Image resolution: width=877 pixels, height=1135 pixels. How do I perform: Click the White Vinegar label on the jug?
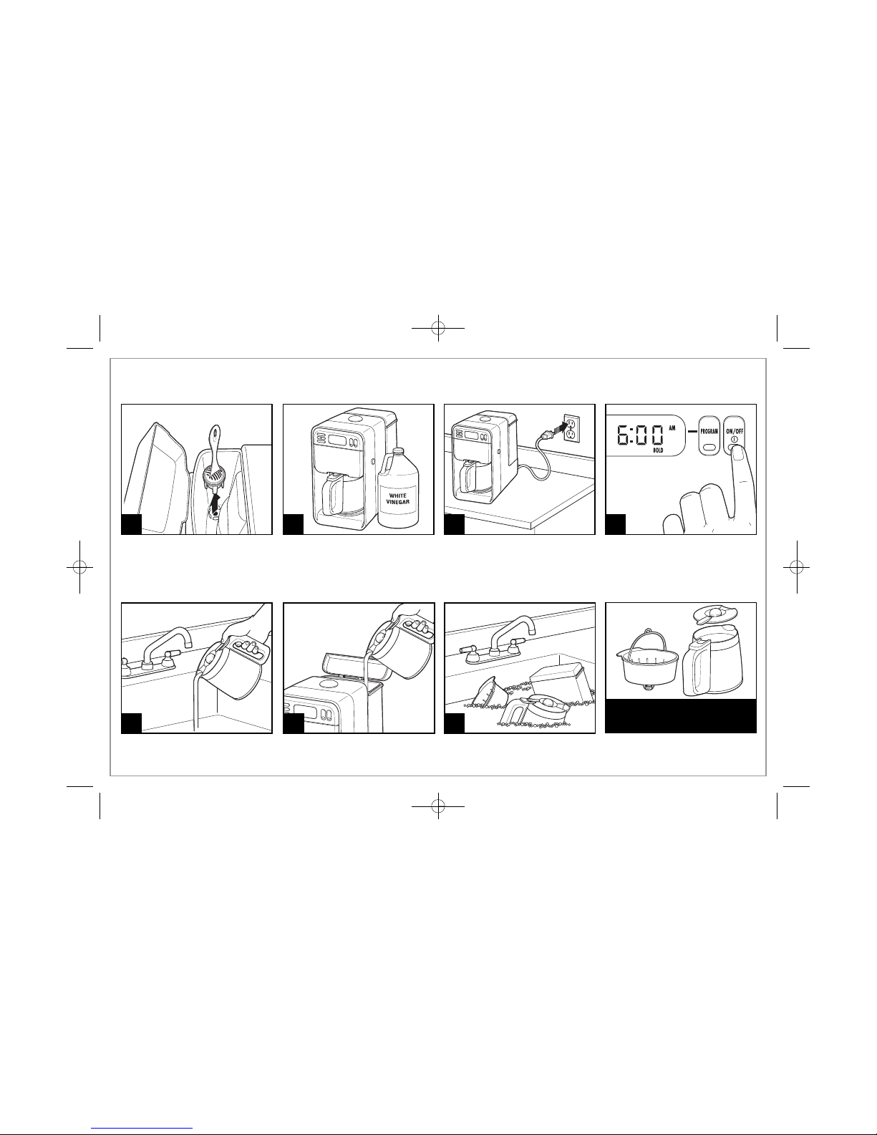(398, 499)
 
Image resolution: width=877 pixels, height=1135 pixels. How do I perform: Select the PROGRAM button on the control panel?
(708, 435)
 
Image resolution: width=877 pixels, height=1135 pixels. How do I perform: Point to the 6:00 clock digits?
(640, 435)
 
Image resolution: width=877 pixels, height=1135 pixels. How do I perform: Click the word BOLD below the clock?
(658, 450)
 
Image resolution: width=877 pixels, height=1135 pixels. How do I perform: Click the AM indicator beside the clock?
(672, 428)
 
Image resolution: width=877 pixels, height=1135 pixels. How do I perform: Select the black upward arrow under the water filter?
(213, 505)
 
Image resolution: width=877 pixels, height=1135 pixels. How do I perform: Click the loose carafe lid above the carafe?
(714, 614)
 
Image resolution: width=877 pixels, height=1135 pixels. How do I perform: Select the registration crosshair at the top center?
(438, 328)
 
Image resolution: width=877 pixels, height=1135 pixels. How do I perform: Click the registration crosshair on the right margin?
(797, 566)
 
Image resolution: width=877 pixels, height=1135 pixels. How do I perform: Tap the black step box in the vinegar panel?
(294, 524)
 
